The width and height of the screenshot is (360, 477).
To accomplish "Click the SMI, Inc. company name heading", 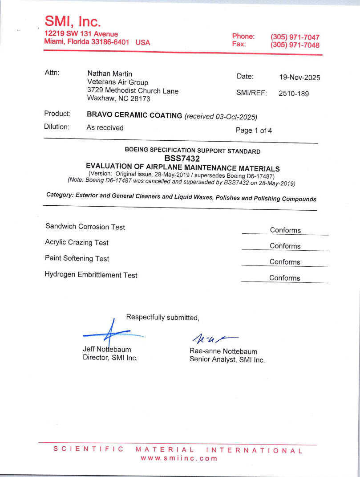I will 73,21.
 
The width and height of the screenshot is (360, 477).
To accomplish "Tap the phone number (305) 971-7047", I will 295,37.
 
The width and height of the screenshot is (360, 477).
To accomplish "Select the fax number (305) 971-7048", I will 295,45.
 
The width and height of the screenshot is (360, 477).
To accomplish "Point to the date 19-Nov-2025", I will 299,77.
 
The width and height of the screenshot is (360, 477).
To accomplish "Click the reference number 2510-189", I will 293,94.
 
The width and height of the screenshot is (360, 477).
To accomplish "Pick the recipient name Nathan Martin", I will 109,73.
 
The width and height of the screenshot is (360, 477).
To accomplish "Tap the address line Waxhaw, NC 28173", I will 118,99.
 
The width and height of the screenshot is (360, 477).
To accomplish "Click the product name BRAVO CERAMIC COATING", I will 134,115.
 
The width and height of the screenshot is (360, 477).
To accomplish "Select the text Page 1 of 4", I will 254,130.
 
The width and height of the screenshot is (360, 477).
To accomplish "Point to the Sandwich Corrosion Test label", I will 85,227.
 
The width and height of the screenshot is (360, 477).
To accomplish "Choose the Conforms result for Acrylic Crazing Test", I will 285,246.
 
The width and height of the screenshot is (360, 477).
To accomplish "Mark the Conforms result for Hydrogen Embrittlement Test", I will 284,278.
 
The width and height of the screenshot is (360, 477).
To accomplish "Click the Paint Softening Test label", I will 77,259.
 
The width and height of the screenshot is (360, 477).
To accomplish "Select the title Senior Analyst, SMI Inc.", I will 227,360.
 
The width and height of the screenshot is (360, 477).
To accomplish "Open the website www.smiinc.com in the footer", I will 179,458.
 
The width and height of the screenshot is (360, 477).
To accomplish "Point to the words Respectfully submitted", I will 162,317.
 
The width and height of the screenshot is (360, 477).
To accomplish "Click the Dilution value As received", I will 105,128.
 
